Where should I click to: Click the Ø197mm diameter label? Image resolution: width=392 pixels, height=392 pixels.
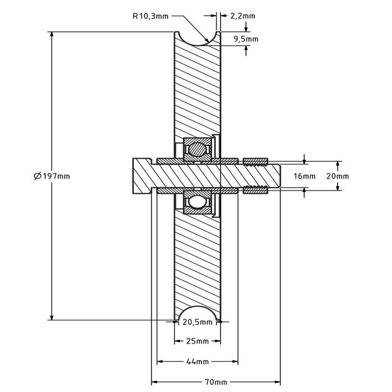tap(52, 176)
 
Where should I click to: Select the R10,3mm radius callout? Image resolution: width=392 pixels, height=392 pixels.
tap(150, 16)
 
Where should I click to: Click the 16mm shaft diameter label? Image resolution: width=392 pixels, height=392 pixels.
tap(305, 176)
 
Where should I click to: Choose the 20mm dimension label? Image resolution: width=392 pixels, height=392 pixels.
tap(338, 176)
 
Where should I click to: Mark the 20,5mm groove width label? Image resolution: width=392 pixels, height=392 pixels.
tap(198, 322)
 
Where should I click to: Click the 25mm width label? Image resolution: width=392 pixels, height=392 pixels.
tap(197, 341)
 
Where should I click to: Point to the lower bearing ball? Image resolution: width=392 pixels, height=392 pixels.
tap(197, 202)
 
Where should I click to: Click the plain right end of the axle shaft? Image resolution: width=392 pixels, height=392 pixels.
tap(276, 176)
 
